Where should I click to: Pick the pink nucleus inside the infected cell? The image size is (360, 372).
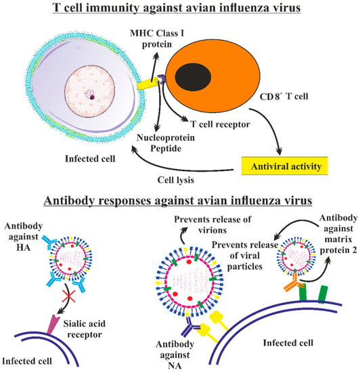[91, 95]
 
